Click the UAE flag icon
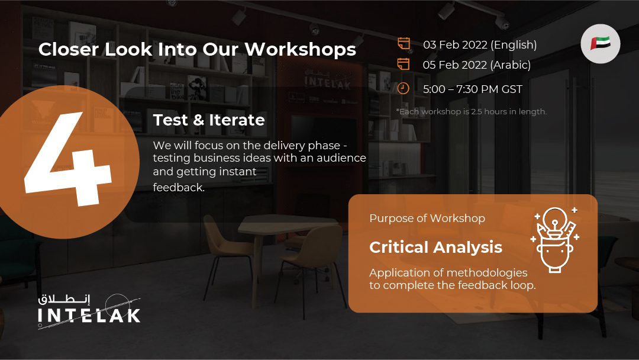click(601, 44)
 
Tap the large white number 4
click(67, 159)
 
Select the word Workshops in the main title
click(300, 49)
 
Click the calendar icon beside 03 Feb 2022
click(404, 43)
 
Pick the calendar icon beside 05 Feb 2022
click(404, 63)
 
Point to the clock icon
click(404, 88)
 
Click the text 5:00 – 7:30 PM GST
click(472, 89)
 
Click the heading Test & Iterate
click(209, 120)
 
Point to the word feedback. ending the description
click(179, 187)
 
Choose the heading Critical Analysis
click(435, 247)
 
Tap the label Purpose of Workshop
click(427, 218)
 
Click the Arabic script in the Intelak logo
click(64, 299)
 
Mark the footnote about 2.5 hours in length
click(471, 111)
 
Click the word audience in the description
click(341, 157)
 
